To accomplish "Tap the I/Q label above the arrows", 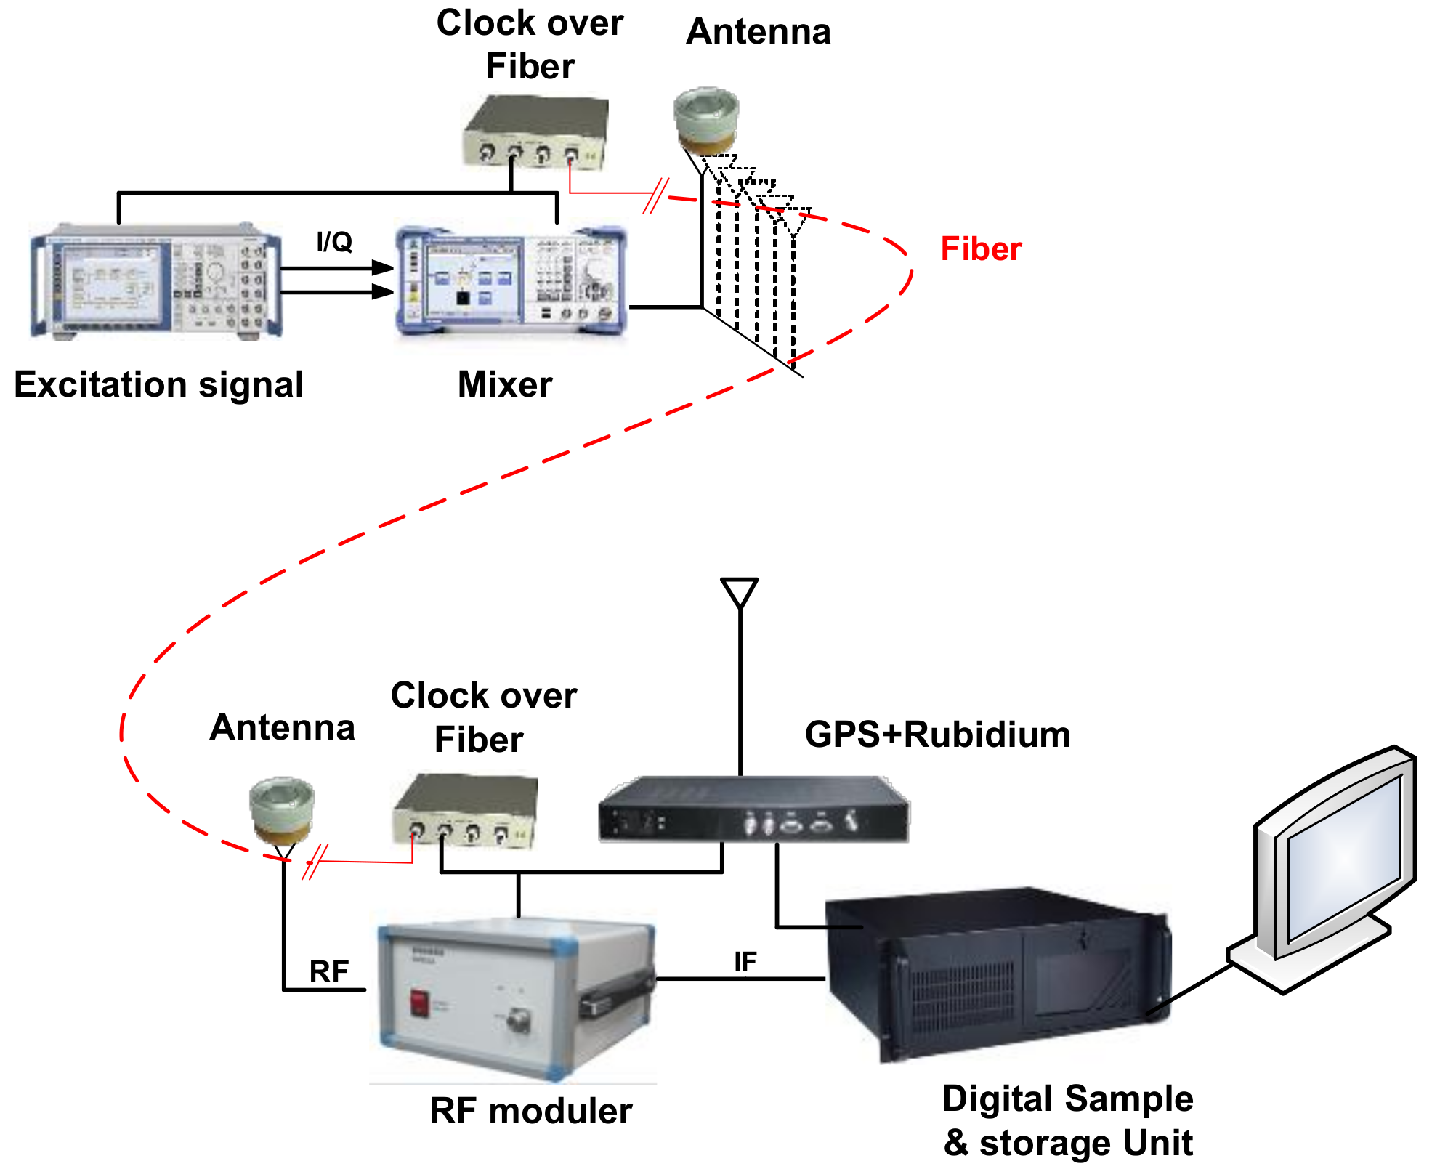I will click(334, 242).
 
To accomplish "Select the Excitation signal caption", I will click(158, 384).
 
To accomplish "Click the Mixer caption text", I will click(504, 384).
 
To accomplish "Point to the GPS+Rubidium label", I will click(937, 735).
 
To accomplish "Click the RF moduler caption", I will click(531, 1111).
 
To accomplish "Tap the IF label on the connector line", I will click(745, 962).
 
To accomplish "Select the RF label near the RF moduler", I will click(328, 972).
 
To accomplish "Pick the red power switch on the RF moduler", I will click(419, 1003).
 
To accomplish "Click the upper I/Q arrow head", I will click(383, 267).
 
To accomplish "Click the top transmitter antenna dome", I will click(705, 116).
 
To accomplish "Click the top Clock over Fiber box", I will click(535, 131).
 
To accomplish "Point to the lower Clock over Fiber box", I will click(465, 810).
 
